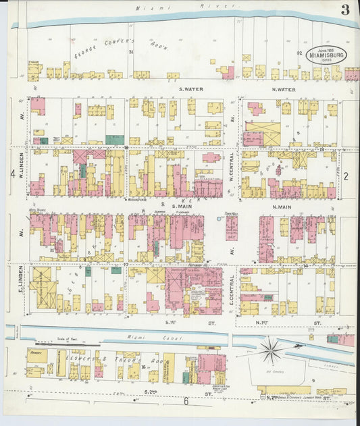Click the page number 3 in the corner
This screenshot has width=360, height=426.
point(345,9)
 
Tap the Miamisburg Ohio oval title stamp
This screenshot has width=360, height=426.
point(327,55)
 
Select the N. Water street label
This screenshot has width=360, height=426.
point(283,89)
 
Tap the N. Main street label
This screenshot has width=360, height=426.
point(283,206)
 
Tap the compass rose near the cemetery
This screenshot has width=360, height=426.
point(272,351)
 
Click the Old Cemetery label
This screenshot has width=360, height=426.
point(273,371)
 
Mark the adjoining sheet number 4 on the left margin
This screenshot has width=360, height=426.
point(12,174)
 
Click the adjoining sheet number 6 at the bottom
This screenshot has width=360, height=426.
point(186,402)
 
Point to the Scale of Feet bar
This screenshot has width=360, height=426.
point(61,343)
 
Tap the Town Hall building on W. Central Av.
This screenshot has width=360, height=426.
point(232,227)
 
